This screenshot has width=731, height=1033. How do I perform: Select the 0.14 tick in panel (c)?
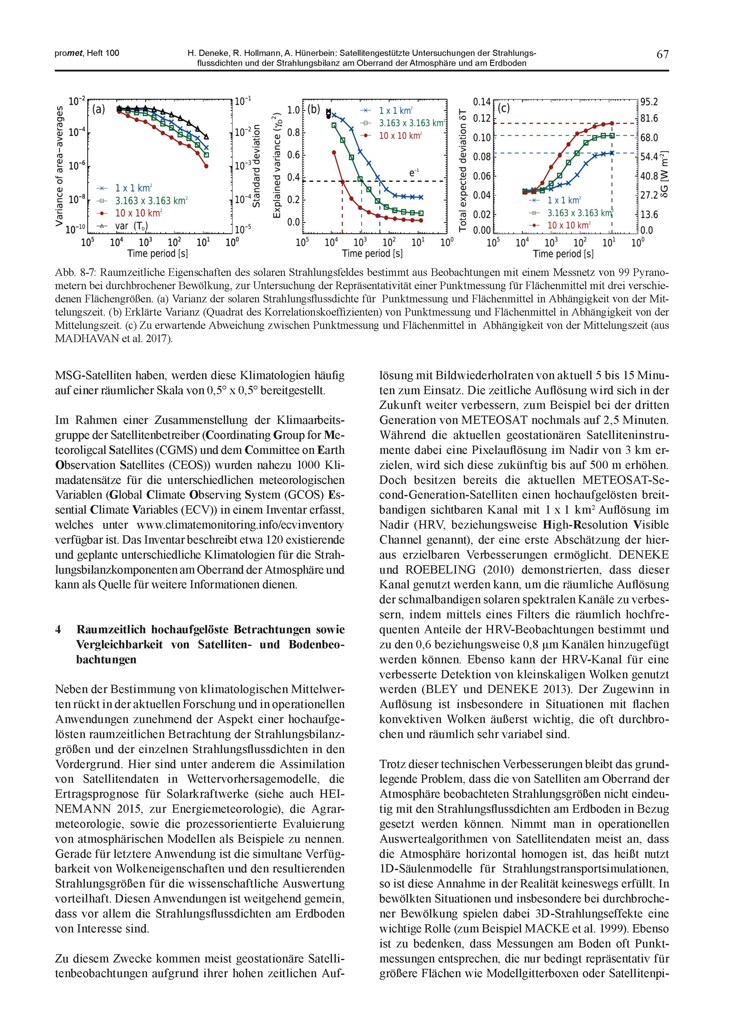coord(481,102)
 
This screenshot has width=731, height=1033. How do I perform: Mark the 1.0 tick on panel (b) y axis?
coord(293,110)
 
